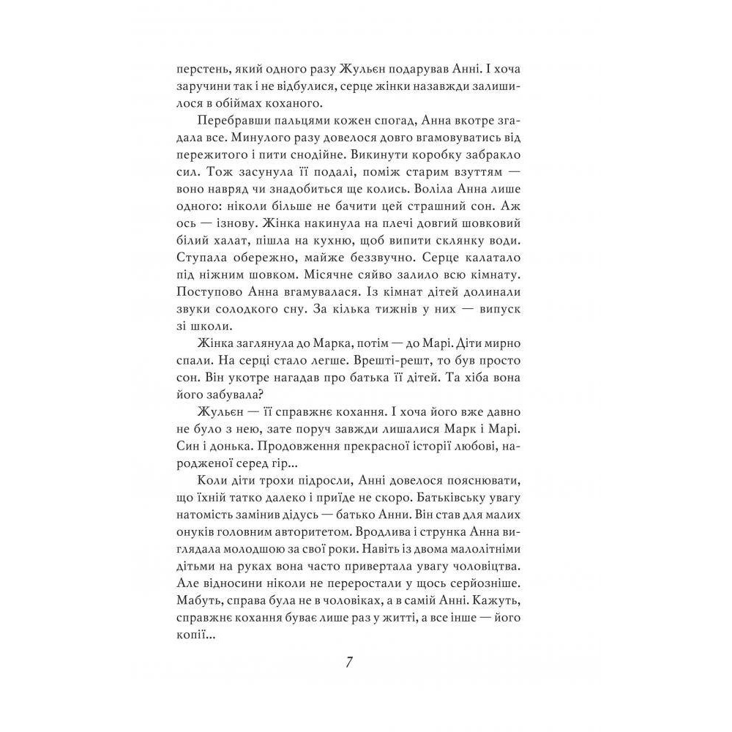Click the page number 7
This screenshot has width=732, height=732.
[349, 662]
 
